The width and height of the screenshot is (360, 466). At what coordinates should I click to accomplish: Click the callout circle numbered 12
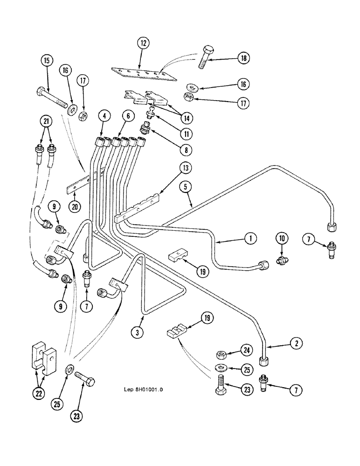pos(143,44)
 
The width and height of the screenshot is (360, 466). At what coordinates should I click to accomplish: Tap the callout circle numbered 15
pos(47,60)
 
